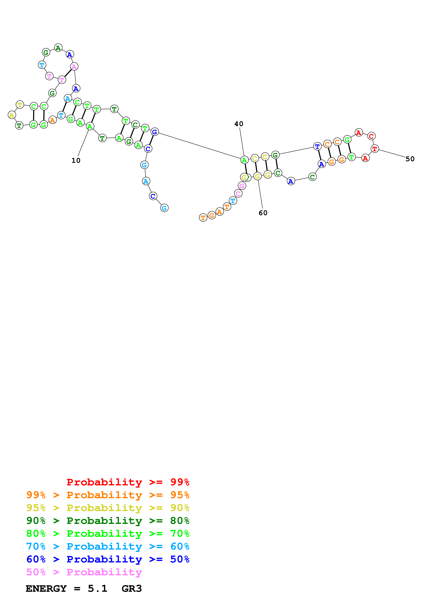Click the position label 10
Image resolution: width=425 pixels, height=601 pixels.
click(x=76, y=161)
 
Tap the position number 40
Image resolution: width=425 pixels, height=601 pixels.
click(x=238, y=124)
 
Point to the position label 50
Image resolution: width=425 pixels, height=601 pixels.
click(x=410, y=159)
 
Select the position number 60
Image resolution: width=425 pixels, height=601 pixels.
click(x=263, y=213)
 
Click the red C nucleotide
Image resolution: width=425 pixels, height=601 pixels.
click(x=371, y=136)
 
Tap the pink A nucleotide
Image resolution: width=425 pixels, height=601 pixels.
click(x=74, y=66)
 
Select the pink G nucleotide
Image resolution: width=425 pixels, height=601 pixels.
click(x=242, y=186)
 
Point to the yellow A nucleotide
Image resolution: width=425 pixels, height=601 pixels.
click(x=11, y=115)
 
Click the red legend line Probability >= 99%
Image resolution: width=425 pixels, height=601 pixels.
click(x=128, y=482)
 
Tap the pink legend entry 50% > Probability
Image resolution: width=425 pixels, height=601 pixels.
click(x=84, y=572)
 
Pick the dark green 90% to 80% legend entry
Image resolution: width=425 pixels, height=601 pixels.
click(x=108, y=521)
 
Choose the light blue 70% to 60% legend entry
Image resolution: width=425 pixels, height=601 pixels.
click(x=108, y=546)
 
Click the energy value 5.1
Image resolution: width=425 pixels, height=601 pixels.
click(x=97, y=588)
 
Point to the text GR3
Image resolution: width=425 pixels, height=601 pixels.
click(x=131, y=588)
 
